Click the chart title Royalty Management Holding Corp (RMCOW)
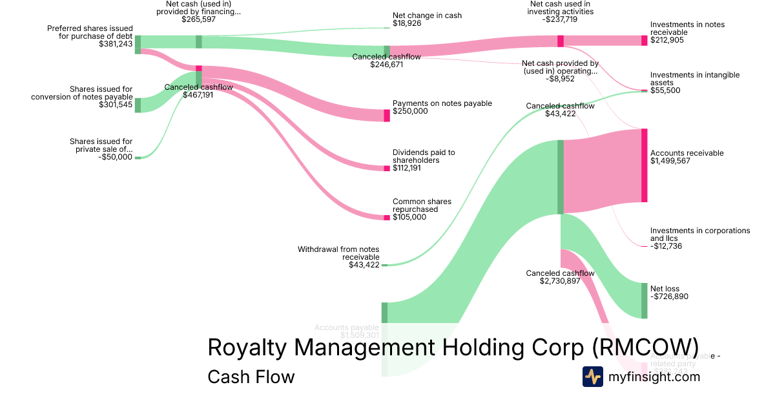pos(453,348)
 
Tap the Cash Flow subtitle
pos(251,377)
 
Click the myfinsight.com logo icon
pos(592,377)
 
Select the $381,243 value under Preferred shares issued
pos(116,44)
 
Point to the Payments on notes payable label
pos(442,103)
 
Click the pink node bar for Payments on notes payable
pos(387,116)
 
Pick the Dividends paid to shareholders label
pos(424,156)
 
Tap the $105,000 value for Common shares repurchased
pos(409,217)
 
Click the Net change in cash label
pos(427,16)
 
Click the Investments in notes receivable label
pos(687,28)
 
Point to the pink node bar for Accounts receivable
pos(644,166)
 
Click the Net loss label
pos(665,289)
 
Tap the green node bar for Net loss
pos(644,300)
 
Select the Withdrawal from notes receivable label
pos(338,253)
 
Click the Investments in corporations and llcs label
pos(700,235)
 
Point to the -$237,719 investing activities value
pos(560,19)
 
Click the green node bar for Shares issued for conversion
pos(138,105)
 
